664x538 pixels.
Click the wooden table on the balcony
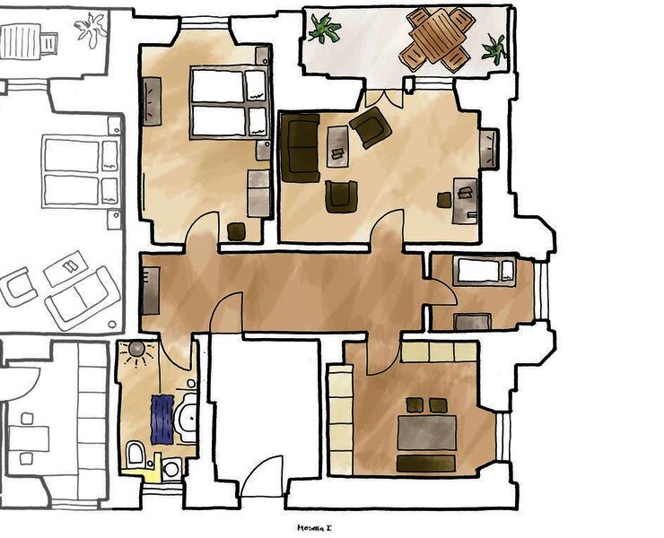pos(437,37)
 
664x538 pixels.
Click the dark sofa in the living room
pos(300,147)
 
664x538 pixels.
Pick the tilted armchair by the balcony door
pos(371,127)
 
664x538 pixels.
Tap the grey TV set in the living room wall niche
pos(491,148)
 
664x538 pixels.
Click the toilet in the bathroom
pos(135,454)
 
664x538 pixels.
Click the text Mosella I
pos(315,528)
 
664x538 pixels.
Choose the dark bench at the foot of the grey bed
pos(426,463)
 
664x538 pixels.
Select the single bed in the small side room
pos(484,271)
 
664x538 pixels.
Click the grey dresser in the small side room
pos(472,321)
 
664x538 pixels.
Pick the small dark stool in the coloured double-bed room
pos(236,231)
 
